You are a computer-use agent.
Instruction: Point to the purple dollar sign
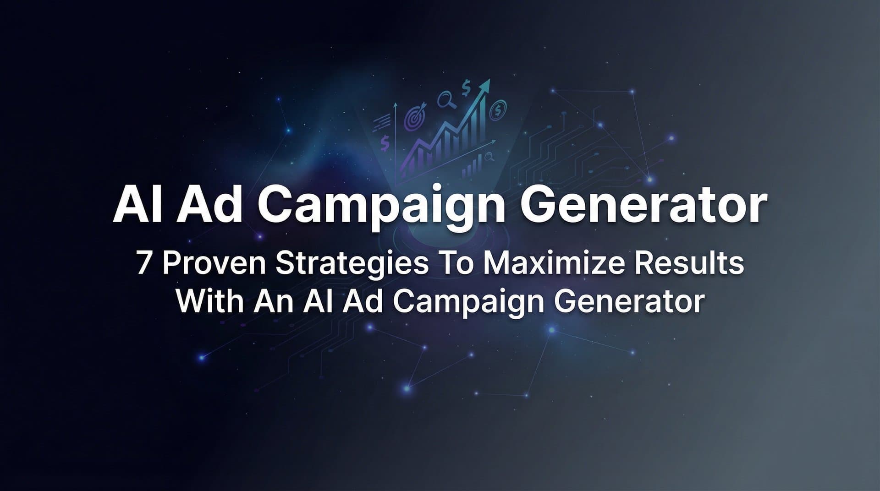(385, 143)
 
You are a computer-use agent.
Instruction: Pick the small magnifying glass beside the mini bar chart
(489, 157)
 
